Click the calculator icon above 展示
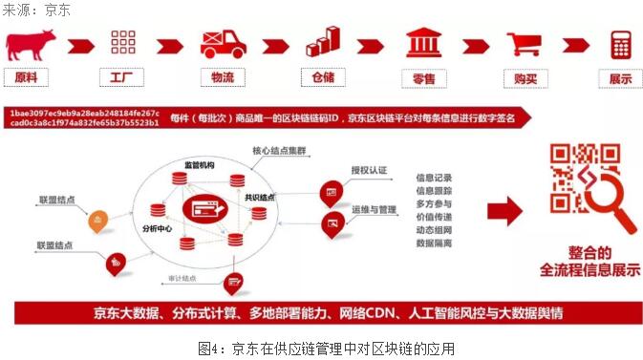pos(622,43)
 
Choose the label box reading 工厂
pos(121,77)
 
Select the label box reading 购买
pos(524,77)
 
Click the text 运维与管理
pos(374,207)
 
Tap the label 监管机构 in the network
pos(200,165)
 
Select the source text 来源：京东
pos(35,9)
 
